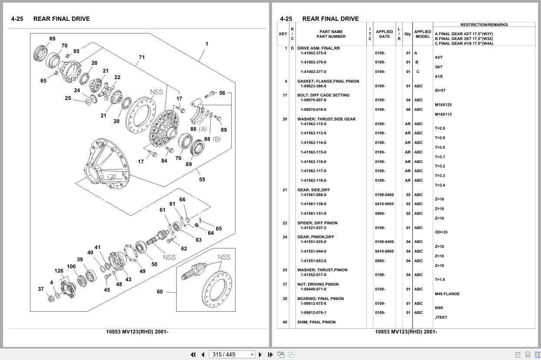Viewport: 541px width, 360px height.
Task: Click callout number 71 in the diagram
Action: (x=142, y=57)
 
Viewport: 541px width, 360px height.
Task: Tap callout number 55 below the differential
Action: (x=202, y=179)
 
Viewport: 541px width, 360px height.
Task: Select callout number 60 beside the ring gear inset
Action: (x=159, y=292)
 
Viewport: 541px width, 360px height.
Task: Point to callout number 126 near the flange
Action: (x=59, y=271)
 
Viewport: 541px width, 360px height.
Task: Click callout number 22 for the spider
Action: (x=117, y=77)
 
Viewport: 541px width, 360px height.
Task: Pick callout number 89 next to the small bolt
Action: (x=223, y=130)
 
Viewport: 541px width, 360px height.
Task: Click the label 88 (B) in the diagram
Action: (x=212, y=139)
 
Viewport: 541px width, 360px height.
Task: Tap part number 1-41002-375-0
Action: (x=313, y=53)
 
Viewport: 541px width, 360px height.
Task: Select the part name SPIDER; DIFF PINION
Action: (x=317, y=223)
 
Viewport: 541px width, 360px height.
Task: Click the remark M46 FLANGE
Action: (x=447, y=294)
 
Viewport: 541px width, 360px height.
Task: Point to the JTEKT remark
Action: (x=441, y=317)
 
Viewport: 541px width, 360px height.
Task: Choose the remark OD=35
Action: (x=441, y=232)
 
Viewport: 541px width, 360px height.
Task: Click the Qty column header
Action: (x=407, y=34)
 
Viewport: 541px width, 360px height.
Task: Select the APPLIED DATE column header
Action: (x=384, y=34)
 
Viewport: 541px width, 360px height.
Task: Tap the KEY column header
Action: (x=283, y=34)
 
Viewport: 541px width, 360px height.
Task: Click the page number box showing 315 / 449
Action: (x=232, y=355)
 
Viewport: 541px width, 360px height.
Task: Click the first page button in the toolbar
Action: (x=193, y=355)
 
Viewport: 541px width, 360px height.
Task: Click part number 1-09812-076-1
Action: (x=313, y=313)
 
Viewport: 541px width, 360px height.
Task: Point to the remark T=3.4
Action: (x=440, y=185)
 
